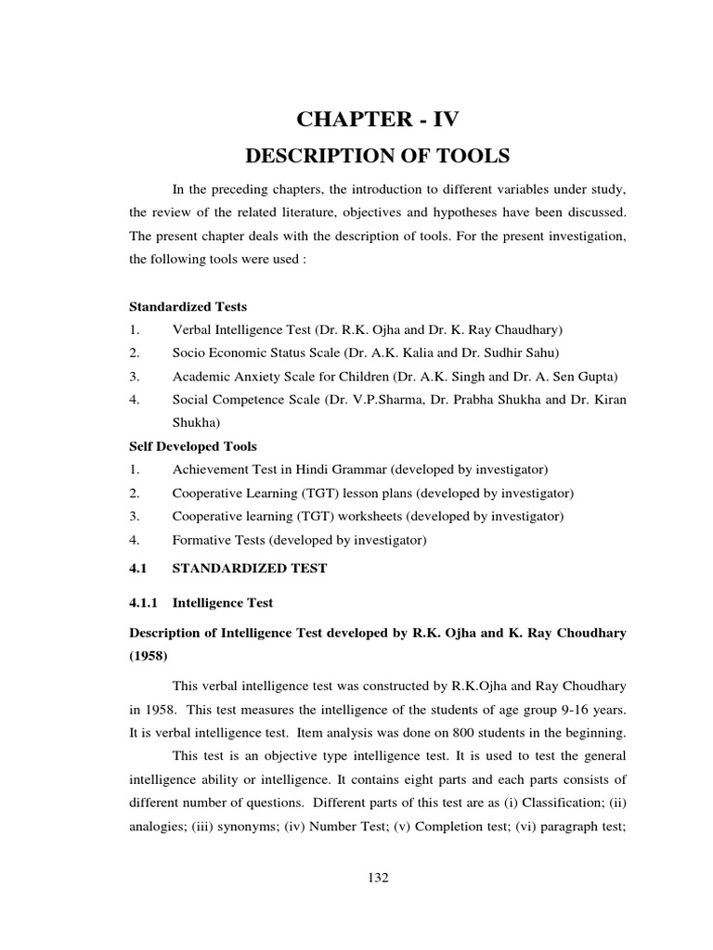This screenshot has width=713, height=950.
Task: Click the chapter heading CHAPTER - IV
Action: point(376,119)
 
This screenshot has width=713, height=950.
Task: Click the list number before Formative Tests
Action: point(135,538)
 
